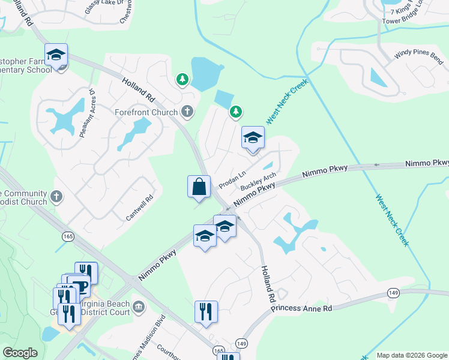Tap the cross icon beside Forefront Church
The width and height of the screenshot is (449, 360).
[187, 111]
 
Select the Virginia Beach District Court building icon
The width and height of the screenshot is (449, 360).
[138, 308]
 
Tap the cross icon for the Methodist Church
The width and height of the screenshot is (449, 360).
[56, 196]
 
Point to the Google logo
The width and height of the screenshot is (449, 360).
[20, 353]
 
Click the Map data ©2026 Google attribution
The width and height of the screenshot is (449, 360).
[412, 355]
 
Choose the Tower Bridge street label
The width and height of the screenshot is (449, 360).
[414, 18]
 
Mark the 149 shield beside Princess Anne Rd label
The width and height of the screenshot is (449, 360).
[394, 293]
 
